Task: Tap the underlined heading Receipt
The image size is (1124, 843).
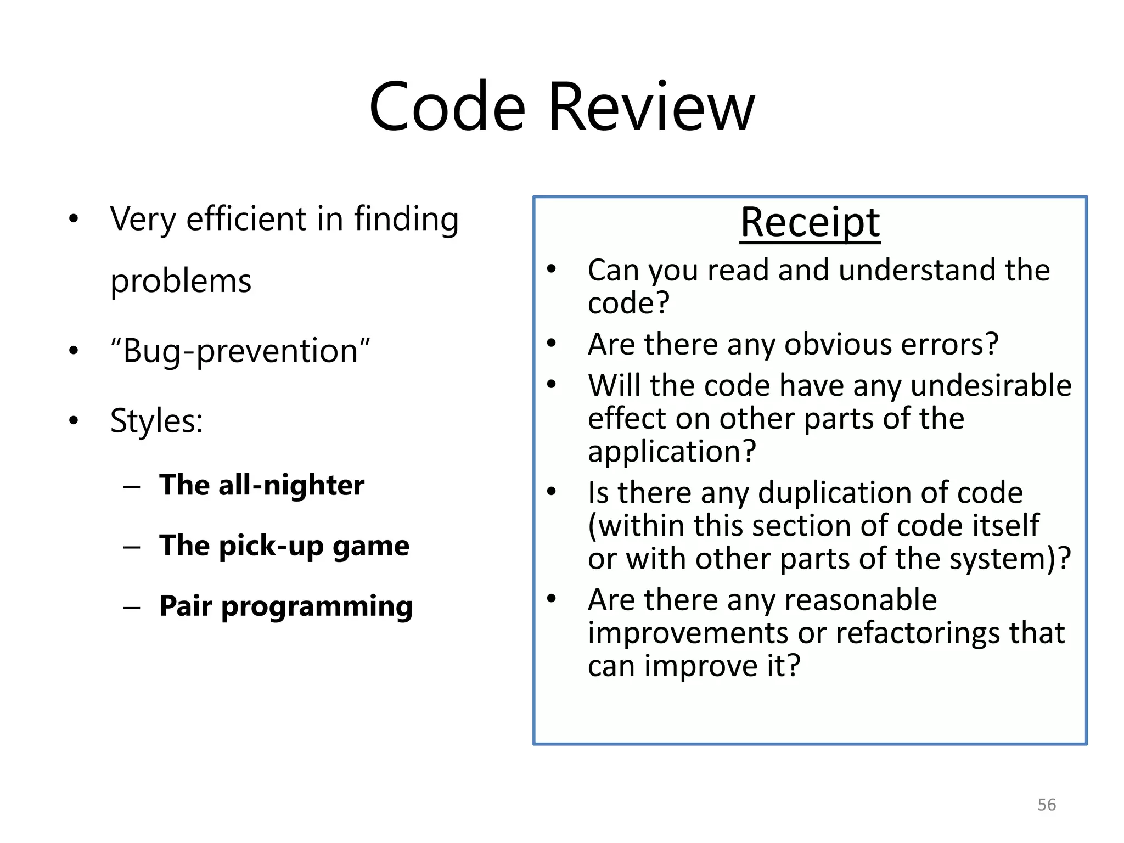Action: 810,222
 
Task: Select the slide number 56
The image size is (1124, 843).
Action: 1047,805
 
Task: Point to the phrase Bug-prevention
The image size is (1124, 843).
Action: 240,351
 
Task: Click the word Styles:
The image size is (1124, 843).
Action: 156,421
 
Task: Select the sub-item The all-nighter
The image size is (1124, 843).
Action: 261,485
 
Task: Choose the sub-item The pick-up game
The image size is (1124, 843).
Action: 284,546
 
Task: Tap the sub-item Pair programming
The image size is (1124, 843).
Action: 285,606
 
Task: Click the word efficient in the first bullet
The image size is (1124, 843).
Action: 246,219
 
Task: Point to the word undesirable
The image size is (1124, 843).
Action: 991,385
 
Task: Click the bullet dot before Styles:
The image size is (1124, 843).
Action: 74,421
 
